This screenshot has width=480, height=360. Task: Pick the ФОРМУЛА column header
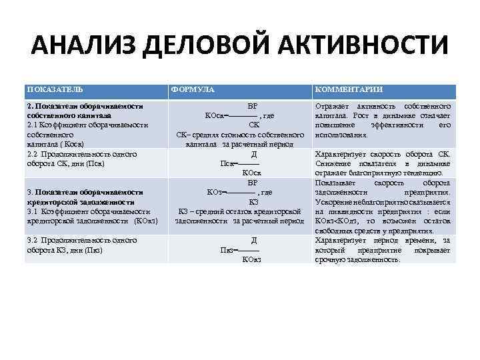pyautogui.click(x=193, y=89)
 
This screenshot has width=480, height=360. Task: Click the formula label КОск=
pyautogui.click(x=216, y=115)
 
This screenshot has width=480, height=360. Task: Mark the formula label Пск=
pyautogui.click(x=228, y=163)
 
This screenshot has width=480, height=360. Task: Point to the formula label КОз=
pyautogui.click(x=217, y=193)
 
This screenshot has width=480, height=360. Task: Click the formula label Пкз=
pyautogui.click(x=229, y=250)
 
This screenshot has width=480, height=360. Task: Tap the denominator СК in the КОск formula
pyautogui.click(x=253, y=125)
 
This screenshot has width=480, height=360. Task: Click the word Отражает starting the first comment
pyautogui.click(x=330, y=106)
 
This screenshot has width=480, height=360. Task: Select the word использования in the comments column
pyautogui.click(x=339, y=135)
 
